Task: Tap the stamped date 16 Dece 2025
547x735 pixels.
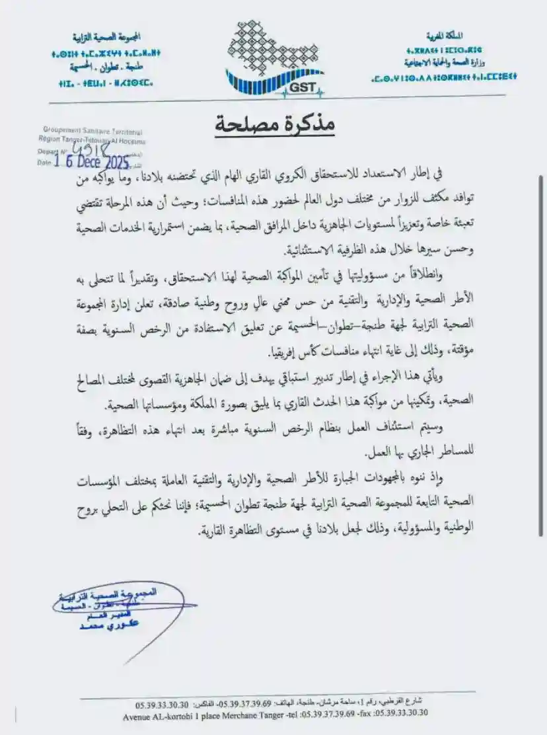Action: [92, 161]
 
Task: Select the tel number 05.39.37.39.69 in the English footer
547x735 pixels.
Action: [326, 713]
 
